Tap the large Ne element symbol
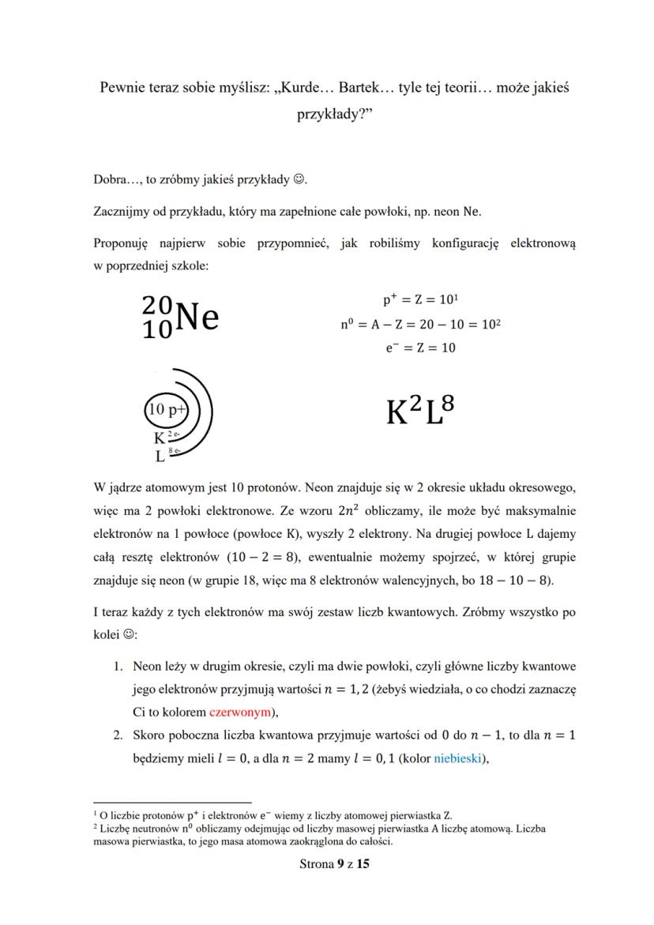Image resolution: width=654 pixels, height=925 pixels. (x=197, y=317)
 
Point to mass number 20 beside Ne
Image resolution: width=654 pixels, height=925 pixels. (x=157, y=305)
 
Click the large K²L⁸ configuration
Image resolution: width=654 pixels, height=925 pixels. (x=420, y=412)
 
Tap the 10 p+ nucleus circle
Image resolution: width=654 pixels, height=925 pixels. (x=167, y=410)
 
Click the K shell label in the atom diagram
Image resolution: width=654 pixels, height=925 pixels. (x=159, y=438)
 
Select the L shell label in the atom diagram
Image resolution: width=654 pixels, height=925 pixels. (x=160, y=456)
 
